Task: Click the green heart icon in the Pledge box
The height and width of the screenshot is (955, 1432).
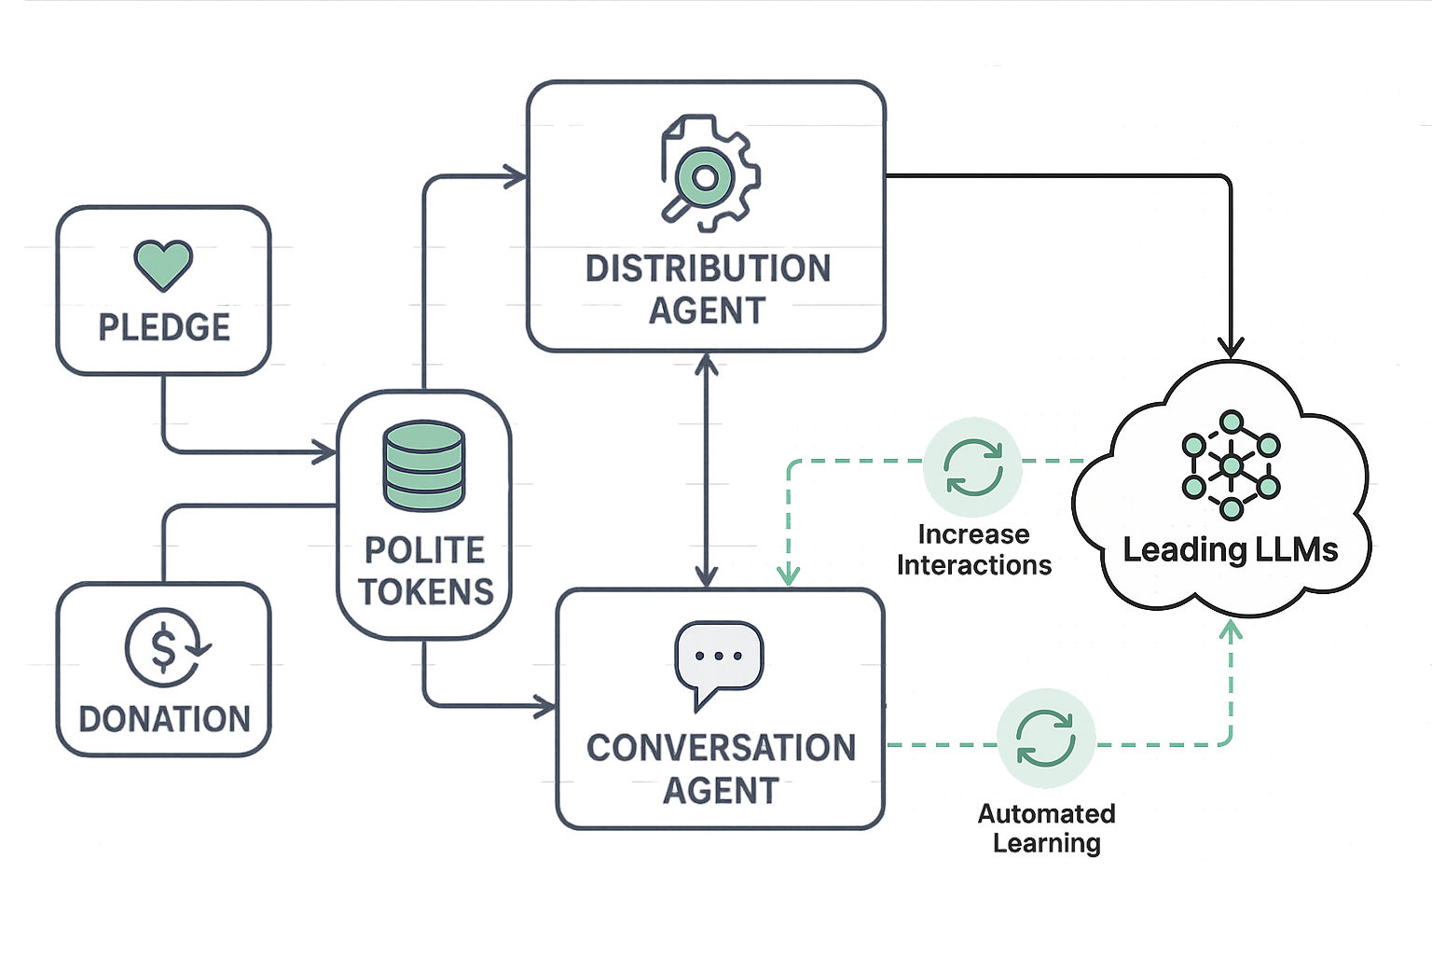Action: (x=163, y=263)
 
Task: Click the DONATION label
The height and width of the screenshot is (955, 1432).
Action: (x=156, y=719)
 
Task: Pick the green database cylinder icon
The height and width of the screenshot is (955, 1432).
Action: (x=423, y=466)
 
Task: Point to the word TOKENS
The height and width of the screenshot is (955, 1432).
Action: (x=426, y=591)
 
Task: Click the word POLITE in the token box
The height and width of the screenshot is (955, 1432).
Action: (x=415, y=550)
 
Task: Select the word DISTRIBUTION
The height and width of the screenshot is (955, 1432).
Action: (x=695, y=269)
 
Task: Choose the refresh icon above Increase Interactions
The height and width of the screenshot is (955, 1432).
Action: (x=973, y=467)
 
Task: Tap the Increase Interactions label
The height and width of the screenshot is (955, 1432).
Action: (x=973, y=549)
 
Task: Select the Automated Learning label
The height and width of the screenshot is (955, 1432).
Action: (x=1046, y=828)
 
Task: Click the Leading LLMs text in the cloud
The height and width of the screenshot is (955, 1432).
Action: (x=1230, y=550)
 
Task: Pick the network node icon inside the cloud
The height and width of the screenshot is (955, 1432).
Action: (x=1231, y=464)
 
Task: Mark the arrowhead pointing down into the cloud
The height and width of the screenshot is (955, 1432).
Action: (x=1232, y=347)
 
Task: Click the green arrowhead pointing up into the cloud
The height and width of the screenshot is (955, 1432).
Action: (x=1232, y=632)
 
